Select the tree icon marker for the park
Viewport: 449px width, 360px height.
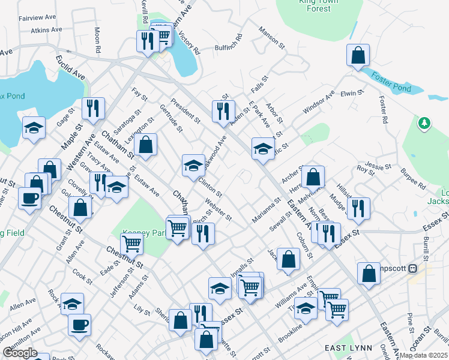pos(425,123)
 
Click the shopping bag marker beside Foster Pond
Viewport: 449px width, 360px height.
pos(358,56)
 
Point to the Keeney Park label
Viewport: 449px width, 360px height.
pos(144,233)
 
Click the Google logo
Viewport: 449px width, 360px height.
pos(20,353)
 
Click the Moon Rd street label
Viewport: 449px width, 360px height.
pos(97,39)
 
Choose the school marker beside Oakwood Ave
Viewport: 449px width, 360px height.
pos(193,165)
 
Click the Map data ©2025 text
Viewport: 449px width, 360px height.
pos(423,355)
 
